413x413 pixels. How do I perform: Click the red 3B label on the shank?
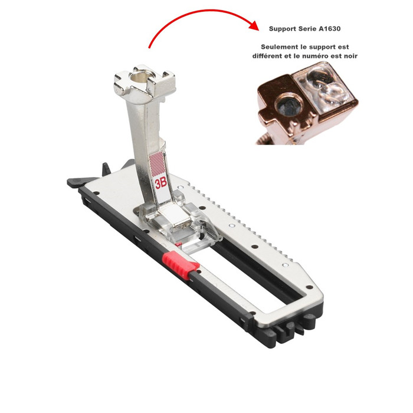[160, 183]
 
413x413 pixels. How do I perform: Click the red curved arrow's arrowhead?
[254, 25]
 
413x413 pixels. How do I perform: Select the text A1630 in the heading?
[329, 29]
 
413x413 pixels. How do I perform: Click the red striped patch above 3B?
[157, 164]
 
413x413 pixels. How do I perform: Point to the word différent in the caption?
[267, 56]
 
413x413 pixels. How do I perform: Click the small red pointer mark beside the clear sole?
[179, 244]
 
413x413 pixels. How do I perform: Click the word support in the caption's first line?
[323, 47]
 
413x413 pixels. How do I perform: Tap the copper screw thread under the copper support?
[266, 140]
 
